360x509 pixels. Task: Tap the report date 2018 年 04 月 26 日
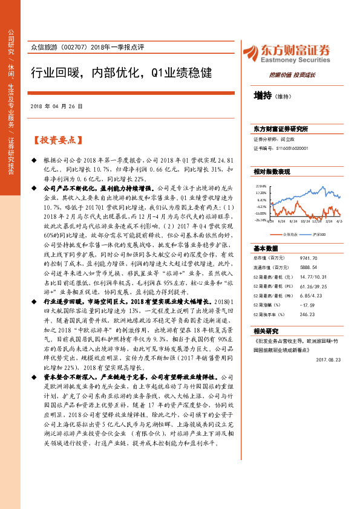click(x=56, y=106)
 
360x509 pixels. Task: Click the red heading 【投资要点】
click(x=56, y=140)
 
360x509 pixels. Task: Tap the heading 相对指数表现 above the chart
click(x=272, y=172)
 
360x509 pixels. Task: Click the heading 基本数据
click(x=266, y=248)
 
